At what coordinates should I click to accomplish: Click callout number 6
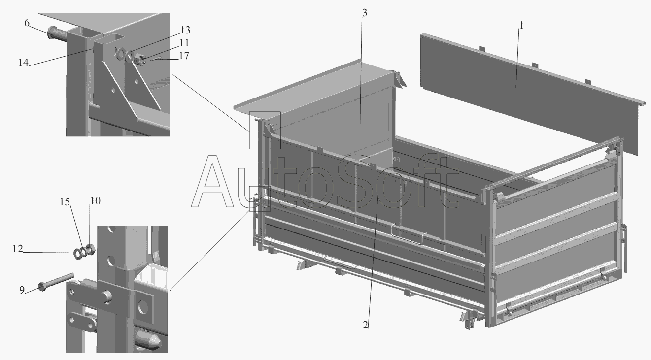tap(27, 23)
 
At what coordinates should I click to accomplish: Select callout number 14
tap(24, 63)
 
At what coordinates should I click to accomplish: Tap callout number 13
tap(185, 30)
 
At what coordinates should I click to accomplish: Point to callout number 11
tap(184, 43)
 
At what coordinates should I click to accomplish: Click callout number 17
tap(184, 56)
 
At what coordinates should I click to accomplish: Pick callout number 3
tap(365, 13)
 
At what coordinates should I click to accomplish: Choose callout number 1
tap(521, 26)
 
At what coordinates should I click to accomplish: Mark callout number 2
tap(365, 325)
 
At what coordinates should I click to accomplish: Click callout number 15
tap(65, 201)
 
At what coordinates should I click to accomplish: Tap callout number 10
tap(95, 200)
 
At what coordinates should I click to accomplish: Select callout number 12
tap(17, 249)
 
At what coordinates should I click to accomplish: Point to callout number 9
tap(22, 290)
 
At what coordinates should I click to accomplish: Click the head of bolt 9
tap(42, 287)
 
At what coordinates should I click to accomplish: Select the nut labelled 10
tap(90, 249)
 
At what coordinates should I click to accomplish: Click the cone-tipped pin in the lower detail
tap(149, 340)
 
